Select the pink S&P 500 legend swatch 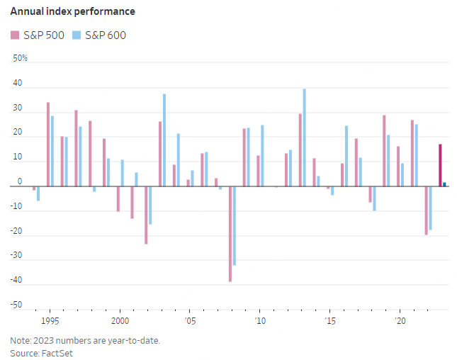pyautogui.click(x=15, y=35)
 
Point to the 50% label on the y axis pyautogui.click(x=21, y=58)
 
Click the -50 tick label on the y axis pyautogui.click(x=18, y=306)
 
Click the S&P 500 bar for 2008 pyautogui.click(x=230, y=234)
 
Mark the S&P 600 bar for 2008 pyautogui.click(x=235, y=225)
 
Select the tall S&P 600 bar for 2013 pyautogui.click(x=305, y=137)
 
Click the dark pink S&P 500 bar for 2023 pyautogui.click(x=440, y=165)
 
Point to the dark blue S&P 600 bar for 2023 pyautogui.click(x=444, y=184)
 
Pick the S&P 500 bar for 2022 pyautogui.click(x=426, y=210)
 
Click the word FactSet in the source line pyautogui.click(x=58, y=353)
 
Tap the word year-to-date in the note pyautogui.click(x=135, y=340)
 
